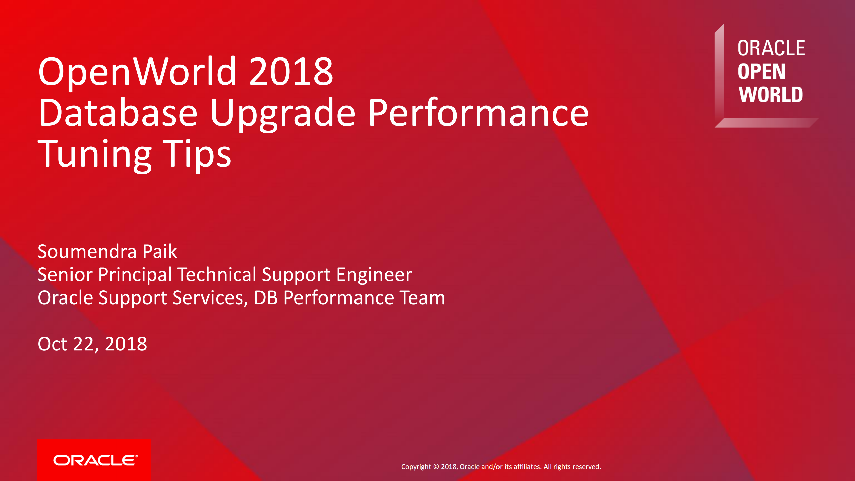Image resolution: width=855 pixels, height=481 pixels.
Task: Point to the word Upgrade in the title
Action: coord(283,114)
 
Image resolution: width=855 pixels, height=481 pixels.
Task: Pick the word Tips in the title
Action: coord(197,154)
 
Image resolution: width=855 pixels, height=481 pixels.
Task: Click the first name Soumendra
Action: coord(87,251)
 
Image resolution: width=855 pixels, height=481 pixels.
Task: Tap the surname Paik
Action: coord(160,251)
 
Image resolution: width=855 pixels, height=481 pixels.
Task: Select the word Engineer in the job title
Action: coord(374,275)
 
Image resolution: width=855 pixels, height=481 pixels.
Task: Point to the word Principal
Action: coord(135,275)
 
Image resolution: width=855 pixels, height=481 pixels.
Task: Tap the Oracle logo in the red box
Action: coord(95,460)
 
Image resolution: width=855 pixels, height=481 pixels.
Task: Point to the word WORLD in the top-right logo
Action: coord(770,95)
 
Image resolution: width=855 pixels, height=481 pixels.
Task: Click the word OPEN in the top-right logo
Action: coord(761,72)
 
